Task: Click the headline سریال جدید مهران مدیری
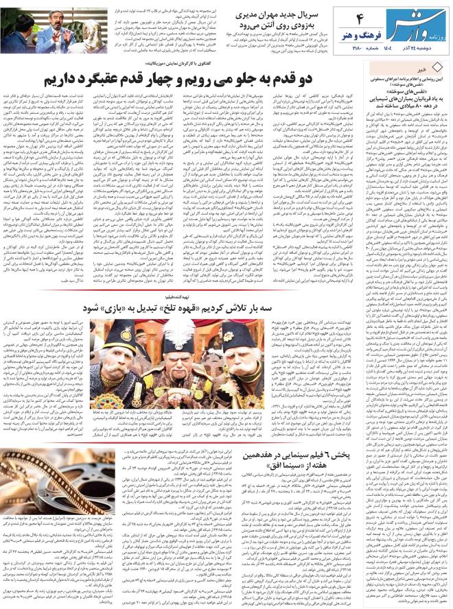click(x=281, y=14)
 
